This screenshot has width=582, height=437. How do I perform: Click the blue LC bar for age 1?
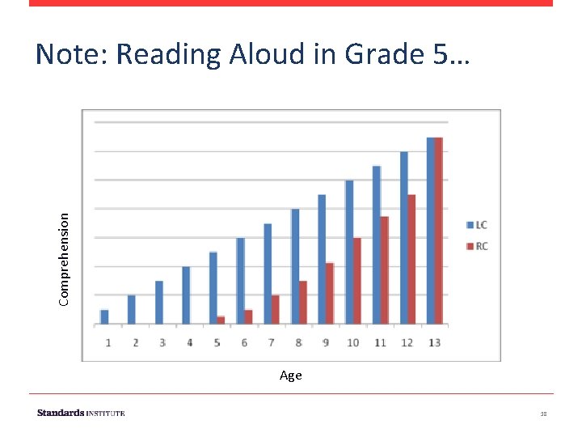pos(104,316)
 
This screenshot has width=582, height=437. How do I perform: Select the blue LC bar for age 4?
pos(186,295)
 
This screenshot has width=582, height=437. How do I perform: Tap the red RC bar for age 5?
pos(221,320)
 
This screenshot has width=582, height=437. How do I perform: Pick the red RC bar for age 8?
pos(303,302)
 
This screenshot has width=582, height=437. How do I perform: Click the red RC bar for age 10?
pos(356,281)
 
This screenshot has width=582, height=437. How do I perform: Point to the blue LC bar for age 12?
pos(403,238)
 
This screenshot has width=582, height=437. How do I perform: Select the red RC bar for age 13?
pos(439,231)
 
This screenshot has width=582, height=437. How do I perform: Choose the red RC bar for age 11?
pos(384,270)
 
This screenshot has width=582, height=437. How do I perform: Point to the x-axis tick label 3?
pos(162,343)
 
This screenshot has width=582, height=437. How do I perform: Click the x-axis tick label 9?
pos(326,343)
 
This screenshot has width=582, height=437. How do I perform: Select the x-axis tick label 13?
pos(434,343)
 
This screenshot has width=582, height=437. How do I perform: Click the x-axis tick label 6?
pos(244,343)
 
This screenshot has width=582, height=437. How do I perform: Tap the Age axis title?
pos(291,375)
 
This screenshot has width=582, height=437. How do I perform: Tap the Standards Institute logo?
pos(81,414)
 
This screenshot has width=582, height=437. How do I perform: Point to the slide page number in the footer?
pos(544,414)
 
